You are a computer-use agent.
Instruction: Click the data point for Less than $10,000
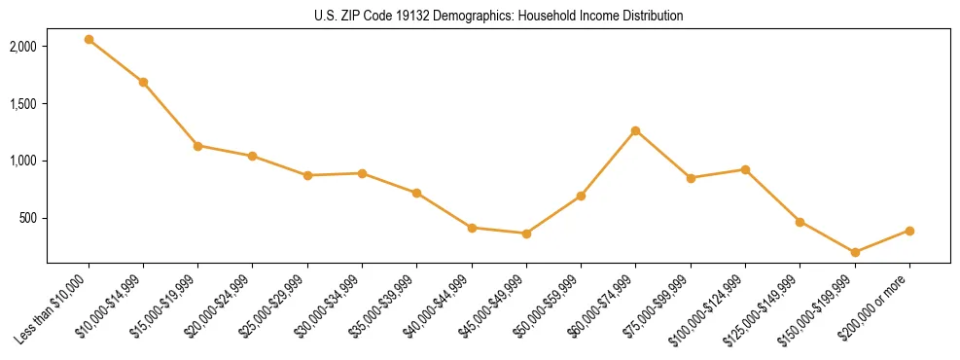(x=89, y=39)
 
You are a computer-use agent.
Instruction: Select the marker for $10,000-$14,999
(x=143, y=82)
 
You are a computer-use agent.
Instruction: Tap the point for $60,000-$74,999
(x=635, y=130)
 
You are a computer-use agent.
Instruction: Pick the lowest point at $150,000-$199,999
(x=855, y=252)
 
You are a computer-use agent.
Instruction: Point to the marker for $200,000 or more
(x=909, y=231)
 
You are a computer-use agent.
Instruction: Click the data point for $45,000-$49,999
(x=526, y=234)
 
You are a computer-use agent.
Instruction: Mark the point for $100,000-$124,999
(x=745, y=169)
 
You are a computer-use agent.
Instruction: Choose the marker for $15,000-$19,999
(x=197, y=146)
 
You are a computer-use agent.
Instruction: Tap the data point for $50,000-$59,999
(x=581, y=196)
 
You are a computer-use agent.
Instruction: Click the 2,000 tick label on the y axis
(x=23, y=47)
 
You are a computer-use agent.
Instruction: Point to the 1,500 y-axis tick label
(x=23, y=104)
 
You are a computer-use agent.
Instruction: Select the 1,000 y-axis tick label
(x=23, y=161)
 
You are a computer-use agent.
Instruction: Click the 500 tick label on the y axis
(x=28, y=218)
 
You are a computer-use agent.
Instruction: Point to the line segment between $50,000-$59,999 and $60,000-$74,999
(x=608, y=163)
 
